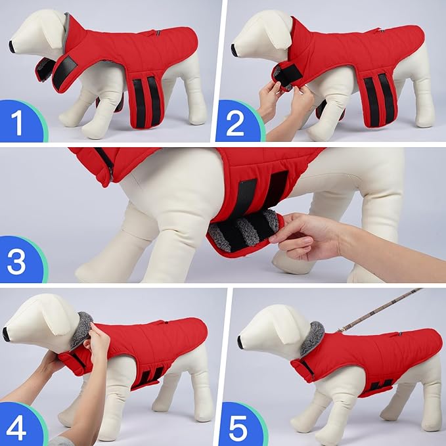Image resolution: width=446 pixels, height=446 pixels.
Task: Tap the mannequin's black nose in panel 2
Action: pos(234,49)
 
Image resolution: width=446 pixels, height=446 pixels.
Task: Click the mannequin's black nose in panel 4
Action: pos(6,334)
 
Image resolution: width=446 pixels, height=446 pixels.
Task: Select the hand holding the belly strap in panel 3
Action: pos(309,233)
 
